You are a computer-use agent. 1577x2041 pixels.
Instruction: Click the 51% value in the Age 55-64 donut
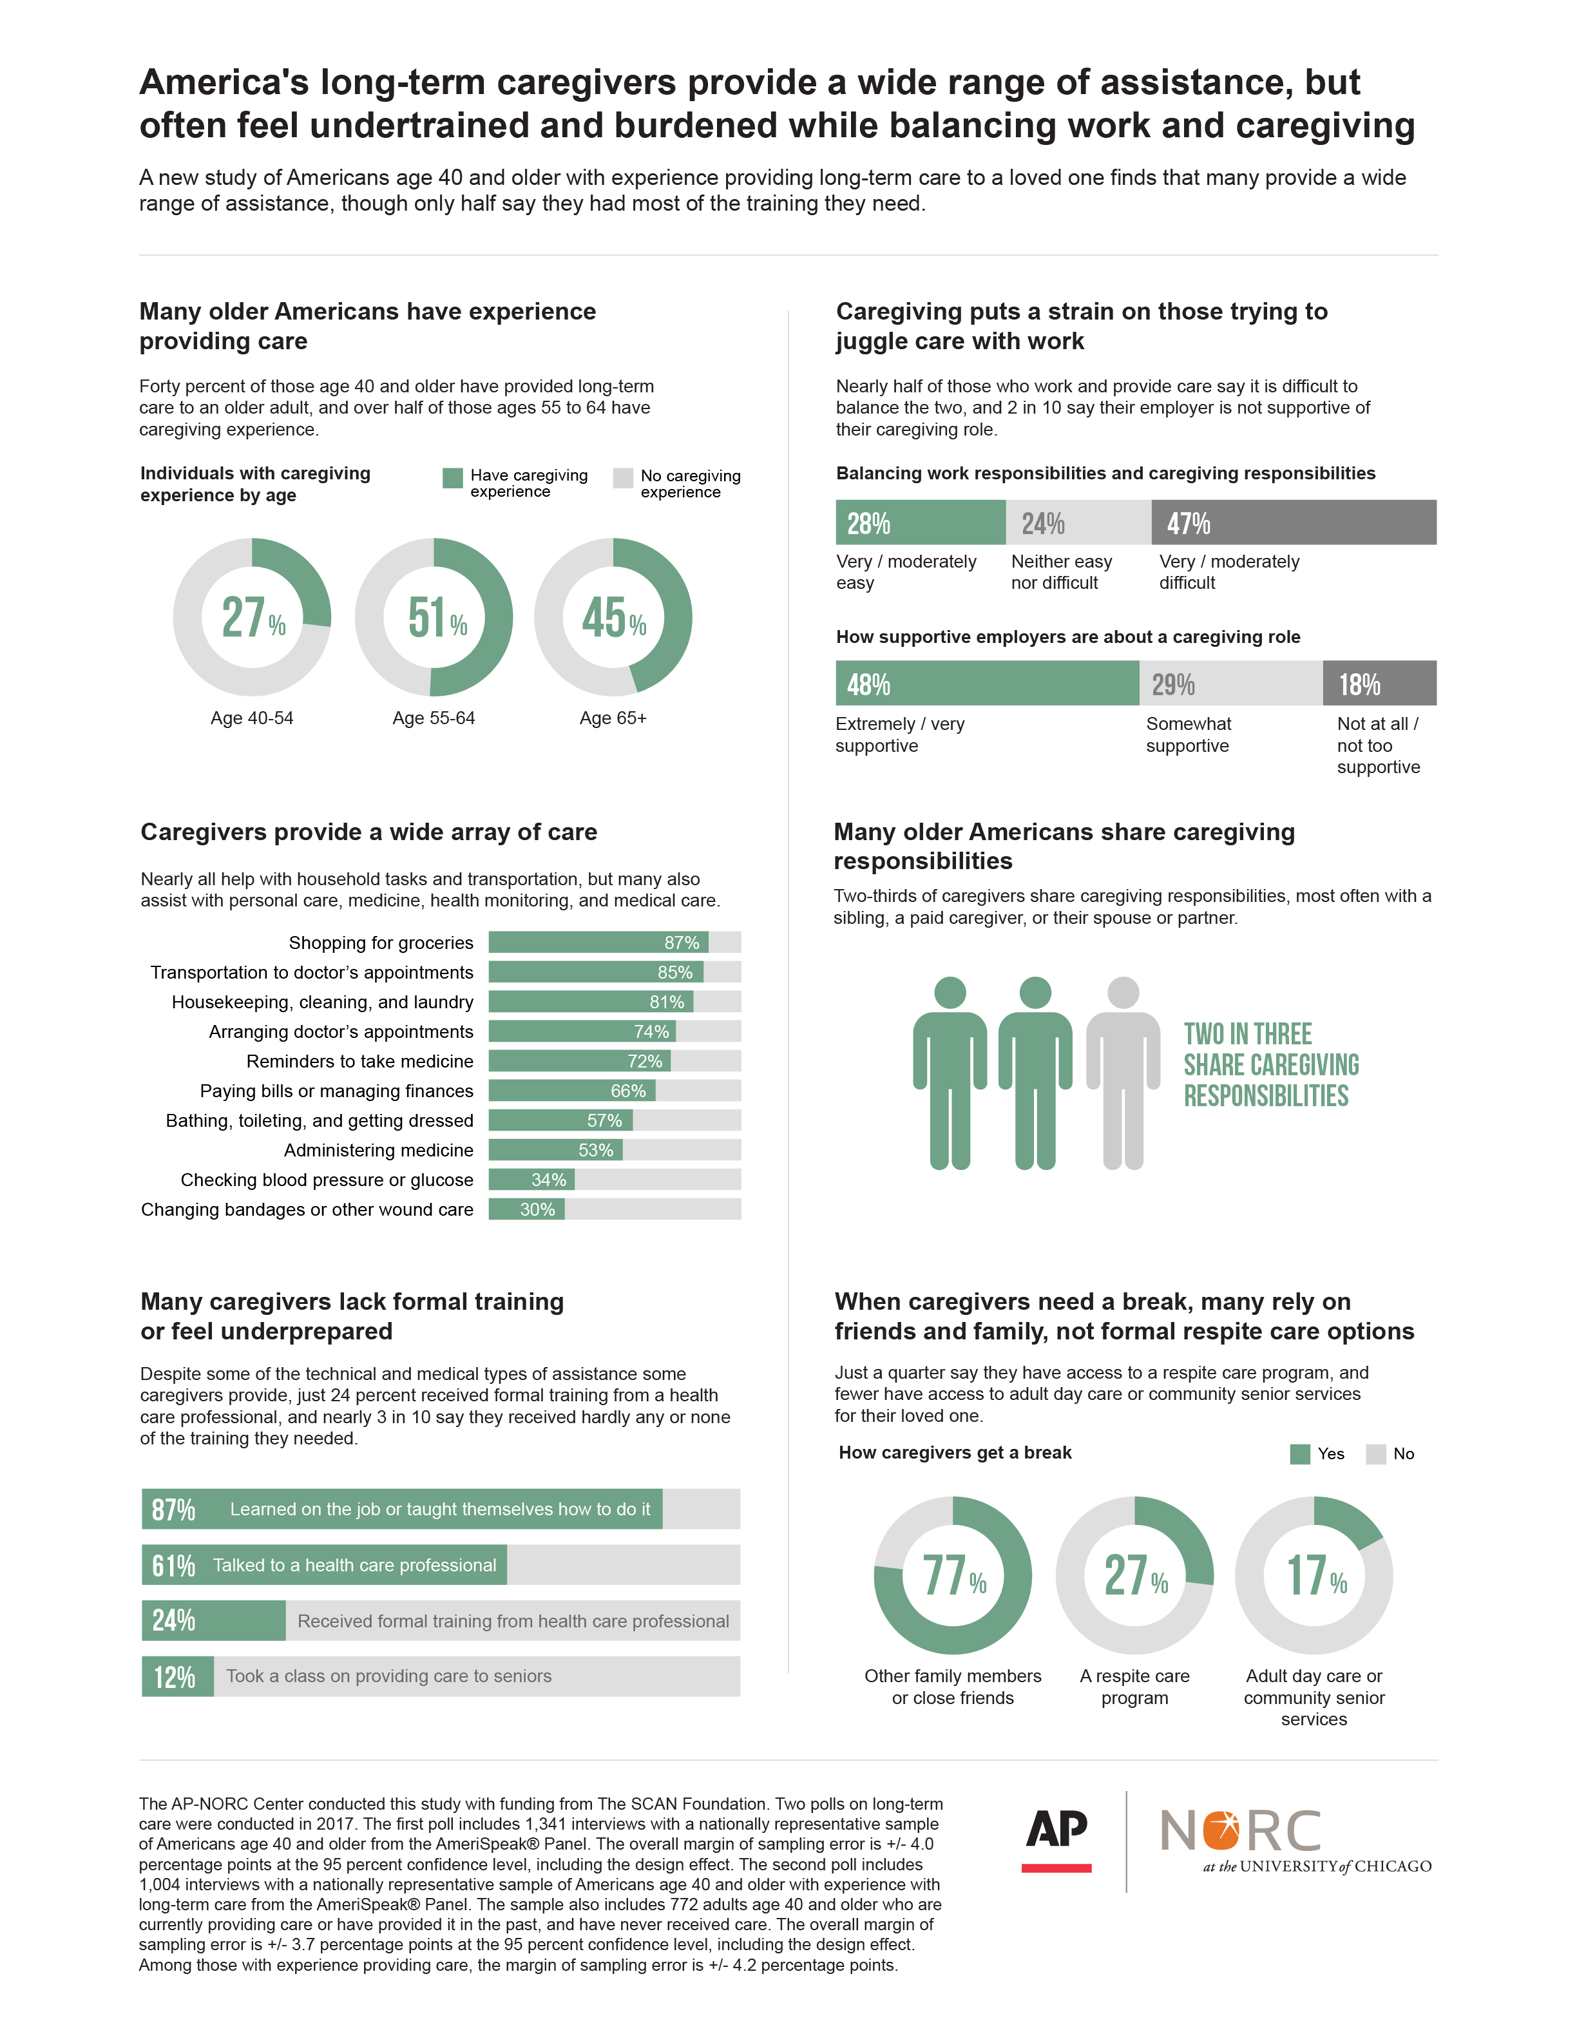[x=437, y=618]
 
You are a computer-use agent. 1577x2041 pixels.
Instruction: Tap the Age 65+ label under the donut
[x=613, y=718]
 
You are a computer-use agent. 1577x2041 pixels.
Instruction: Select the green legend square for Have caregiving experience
[x=452, y=477]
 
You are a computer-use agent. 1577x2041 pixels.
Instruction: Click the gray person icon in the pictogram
[x=1122, y=1072]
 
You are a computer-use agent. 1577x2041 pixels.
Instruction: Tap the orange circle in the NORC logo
[x=1221, y=1832]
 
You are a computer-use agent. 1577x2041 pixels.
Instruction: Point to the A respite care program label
[x=1134, y=1687]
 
